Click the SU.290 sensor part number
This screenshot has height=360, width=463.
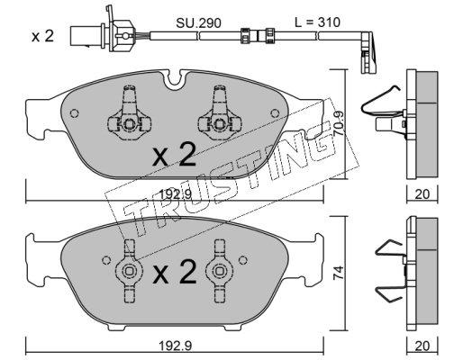coord(198,23)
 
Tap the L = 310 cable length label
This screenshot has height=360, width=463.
coord(317,22)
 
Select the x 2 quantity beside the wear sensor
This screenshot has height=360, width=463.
coord(43,37)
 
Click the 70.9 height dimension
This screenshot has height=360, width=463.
coord(339,121)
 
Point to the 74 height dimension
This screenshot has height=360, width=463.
coord(339,273)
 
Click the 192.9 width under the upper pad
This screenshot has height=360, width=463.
coord(175,195)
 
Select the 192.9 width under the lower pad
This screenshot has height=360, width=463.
coord(175,346)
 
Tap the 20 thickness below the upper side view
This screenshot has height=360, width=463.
coord(422,194)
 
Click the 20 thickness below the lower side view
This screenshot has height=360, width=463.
coord(422,346)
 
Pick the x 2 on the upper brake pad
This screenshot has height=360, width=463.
coord(174,155)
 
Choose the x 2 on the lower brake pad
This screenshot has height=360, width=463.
coord(174,272)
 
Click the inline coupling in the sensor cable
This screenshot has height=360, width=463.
coord(258,36)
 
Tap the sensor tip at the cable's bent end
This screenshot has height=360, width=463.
coord(368,53)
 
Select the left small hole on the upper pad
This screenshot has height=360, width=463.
coord(74,113)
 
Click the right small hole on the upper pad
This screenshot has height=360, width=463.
coord(275,113)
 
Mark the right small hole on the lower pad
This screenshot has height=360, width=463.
coord(242,260)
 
